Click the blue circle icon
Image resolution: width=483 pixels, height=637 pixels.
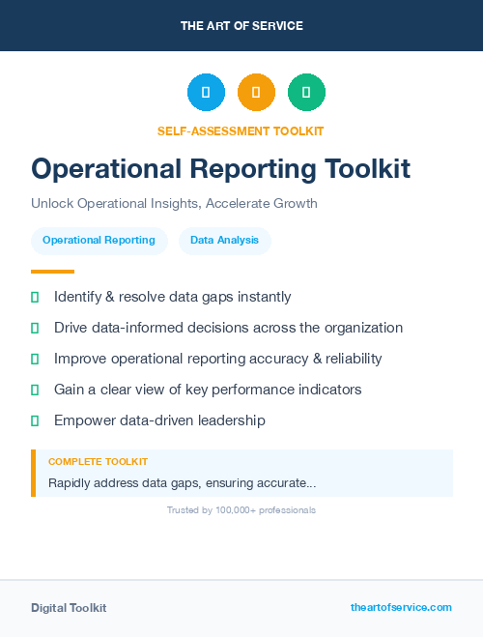pyautogui.click(x=206, y=92)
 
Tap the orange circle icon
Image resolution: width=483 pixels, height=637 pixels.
pyautogui.click(x=256, y=92)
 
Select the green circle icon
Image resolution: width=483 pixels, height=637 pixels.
pyautogui.click(x=306, y=92)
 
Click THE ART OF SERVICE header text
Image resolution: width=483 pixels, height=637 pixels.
pyautogui.click(x=241, y=25)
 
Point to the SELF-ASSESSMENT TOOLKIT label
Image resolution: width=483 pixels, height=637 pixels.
pyautogui.click(x=241, y=130)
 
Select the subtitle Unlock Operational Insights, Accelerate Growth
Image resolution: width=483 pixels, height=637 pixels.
pyautogui.click(x=174, y=204)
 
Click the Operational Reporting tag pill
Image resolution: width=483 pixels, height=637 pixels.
pyautogui.click(x=99, y=241)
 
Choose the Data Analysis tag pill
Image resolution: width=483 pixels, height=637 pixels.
pyautogui.click(x=224, y=241)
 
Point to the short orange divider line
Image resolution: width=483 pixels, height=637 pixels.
pyautogui.click(x=52, y=272)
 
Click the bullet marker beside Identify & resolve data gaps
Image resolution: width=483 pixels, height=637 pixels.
pyautogui.click(x=35, y=298)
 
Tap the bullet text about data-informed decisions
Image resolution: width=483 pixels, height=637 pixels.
pyautogui.click(x=228, y=328)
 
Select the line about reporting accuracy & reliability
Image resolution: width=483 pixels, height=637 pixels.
pyautogui.click(x=217, y=359)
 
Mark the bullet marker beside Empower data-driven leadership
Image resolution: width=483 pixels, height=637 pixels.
pyautogui.click(x=35, y=420)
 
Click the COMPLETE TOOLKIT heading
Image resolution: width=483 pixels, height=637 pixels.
pyautogui.click(x=98, y=462)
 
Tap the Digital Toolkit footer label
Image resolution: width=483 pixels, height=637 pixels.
pyautogui.click(x=69, y=608)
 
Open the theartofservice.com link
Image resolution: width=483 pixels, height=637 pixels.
pyautogui.click(x=401, y=607)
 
